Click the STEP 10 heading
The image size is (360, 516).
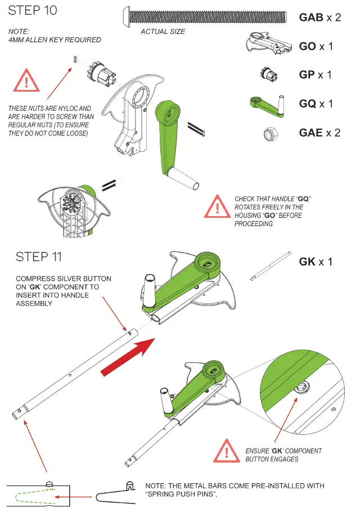[33, 10]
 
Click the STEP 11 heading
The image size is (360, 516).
[38, 257]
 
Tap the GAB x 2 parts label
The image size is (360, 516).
[320, 17]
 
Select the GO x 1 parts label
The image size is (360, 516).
[316, 46]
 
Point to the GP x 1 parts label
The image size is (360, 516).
[315, 75]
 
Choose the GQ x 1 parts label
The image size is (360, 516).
[316, 104]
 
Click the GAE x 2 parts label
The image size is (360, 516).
[319, 133]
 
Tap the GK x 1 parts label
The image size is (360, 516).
[316, 262]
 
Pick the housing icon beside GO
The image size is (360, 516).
[268, 43]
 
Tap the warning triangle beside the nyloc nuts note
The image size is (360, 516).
[26, 80]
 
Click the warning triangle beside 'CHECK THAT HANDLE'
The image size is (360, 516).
[217, 207]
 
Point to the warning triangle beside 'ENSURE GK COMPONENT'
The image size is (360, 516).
[226, 451]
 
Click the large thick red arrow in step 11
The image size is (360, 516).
[128, 357]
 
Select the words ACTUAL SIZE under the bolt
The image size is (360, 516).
[163, 32]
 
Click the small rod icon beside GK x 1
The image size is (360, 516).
[271, 266]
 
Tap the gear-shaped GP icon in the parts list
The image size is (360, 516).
[269, 74]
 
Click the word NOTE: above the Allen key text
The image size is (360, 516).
[19, 32]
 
